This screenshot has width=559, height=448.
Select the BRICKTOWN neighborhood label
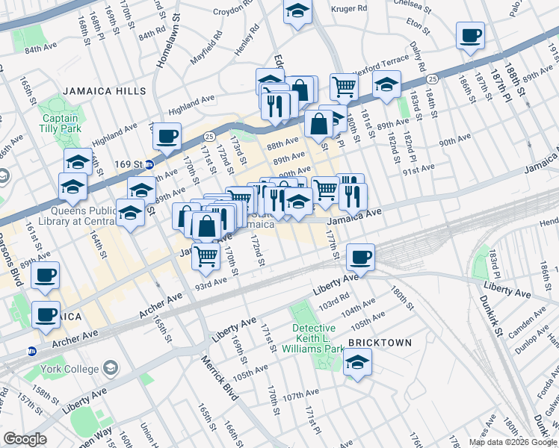381,341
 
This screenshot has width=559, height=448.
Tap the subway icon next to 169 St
149,164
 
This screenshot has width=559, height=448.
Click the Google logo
25,440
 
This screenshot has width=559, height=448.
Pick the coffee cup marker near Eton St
470,35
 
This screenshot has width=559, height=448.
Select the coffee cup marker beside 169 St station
167,136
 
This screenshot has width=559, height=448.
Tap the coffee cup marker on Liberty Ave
361,257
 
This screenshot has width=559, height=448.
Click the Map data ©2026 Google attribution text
513,442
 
